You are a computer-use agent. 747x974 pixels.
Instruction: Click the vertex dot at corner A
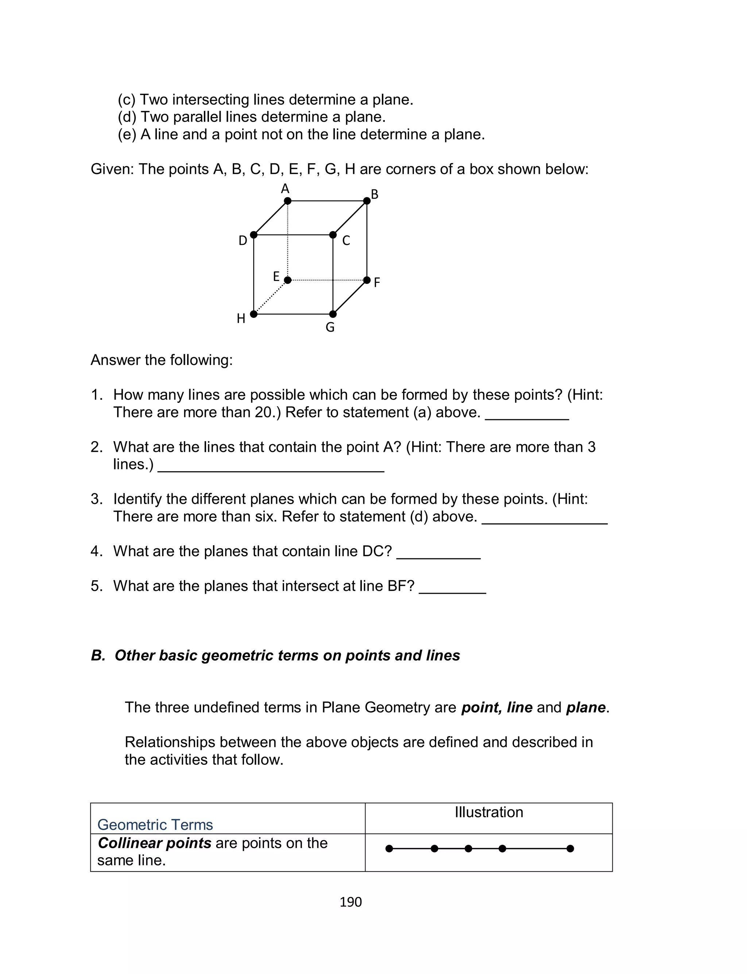click(x=288, y=201)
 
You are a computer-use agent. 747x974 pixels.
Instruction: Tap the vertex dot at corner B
click(x=367, y=201)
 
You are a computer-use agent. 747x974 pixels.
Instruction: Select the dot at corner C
click(x=333, y=235)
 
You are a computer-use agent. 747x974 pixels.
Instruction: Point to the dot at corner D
click(x=254, y=235)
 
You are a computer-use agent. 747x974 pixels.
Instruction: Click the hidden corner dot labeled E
click(x=288, y=280)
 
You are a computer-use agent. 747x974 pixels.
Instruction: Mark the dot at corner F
click(x=367, y=280)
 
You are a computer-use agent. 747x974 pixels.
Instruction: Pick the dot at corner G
click(x=333, y=314)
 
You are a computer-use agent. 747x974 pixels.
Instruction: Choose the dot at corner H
click(x=254, y=314)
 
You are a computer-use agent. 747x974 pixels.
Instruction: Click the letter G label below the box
click(x=330, y=328)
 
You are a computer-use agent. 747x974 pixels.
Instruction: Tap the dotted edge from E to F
click(x=327, y=280)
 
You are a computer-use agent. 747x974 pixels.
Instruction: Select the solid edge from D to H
click(x=254, y=274)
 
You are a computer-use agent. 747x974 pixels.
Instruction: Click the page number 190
click(x=351, y=902)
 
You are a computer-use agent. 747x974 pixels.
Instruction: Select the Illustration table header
click(x=489, y=812)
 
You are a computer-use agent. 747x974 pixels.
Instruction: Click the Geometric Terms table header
click(x=155, y=825)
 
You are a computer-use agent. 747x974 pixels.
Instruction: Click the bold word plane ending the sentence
click(x=585, y=708)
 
